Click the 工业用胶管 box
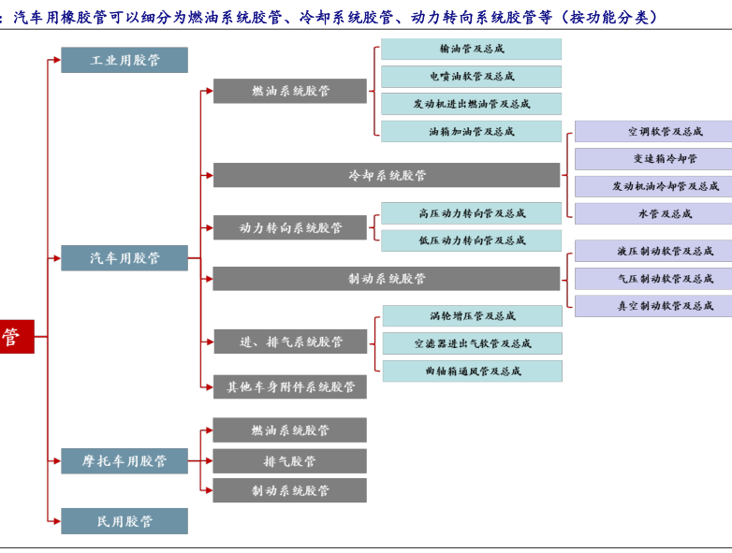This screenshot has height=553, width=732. [124, 60]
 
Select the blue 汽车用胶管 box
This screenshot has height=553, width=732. [124, 258]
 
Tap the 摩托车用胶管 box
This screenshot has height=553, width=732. [124, 460]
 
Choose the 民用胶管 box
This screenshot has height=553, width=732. [124, 521]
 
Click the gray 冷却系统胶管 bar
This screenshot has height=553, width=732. [386, 175]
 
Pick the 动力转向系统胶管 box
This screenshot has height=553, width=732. [290, 227]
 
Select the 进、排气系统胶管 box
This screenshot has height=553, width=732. [290, 342]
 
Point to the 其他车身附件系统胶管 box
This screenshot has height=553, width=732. [290, 386]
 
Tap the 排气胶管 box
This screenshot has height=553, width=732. [290, 460]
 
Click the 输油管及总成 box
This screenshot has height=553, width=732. [471, 49]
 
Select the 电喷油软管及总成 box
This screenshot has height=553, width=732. [471, 77]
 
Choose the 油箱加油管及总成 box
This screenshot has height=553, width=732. [471, 132]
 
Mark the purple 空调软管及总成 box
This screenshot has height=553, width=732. [653, 132]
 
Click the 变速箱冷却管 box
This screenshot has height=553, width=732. [653, 159]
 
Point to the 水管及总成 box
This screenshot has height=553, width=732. [653, 213]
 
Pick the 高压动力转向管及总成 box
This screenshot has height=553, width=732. [471, 213]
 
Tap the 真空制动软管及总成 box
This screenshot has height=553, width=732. [653, 306]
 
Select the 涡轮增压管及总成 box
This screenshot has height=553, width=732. [471, 316]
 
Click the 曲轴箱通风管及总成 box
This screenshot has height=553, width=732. [471, 371]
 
